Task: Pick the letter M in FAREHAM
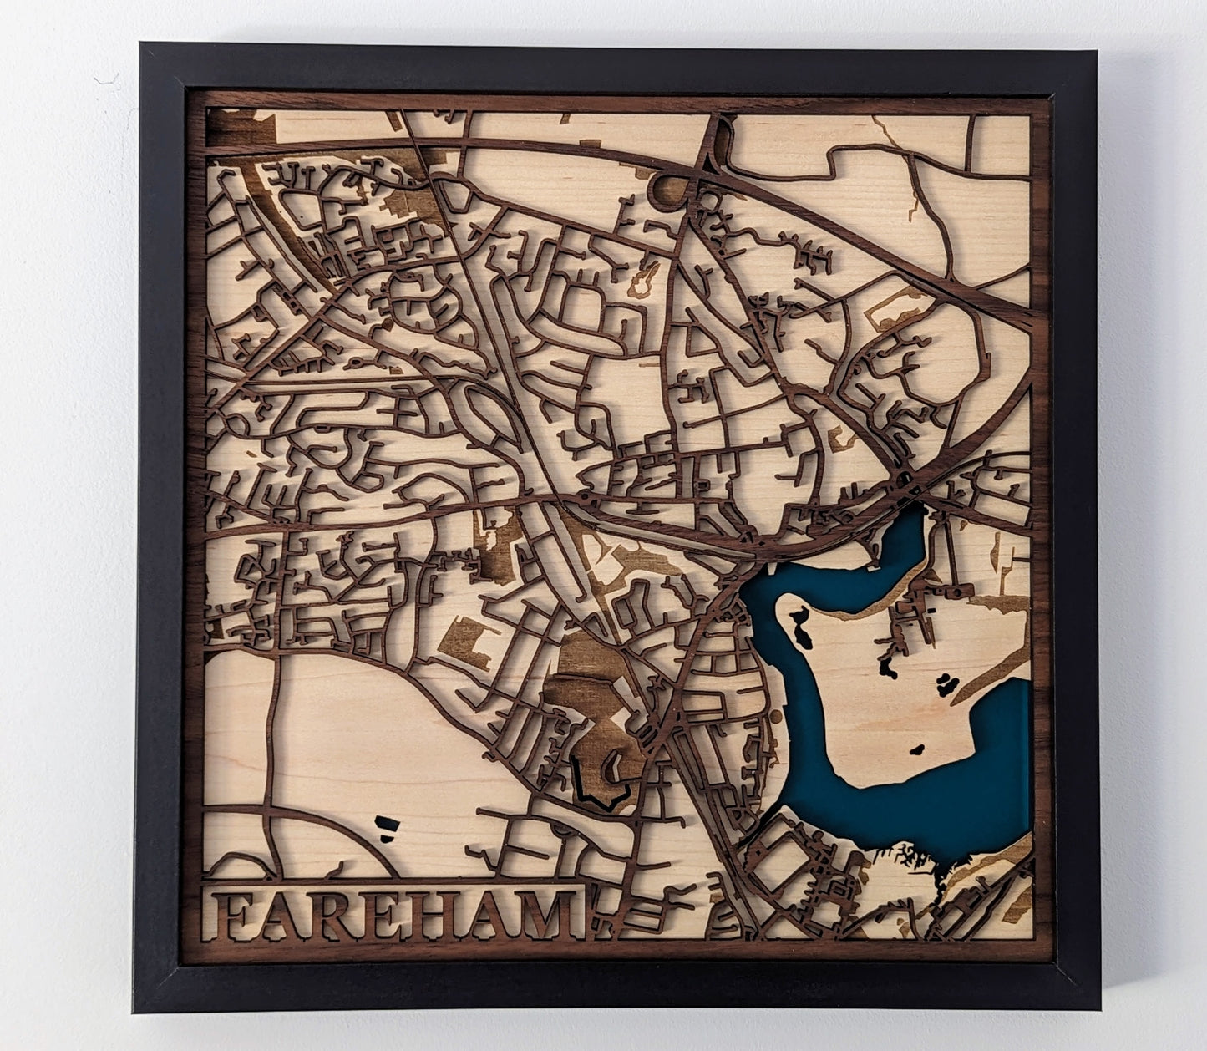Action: tap(544, 916)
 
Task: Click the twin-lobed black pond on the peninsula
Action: tap(946, 685)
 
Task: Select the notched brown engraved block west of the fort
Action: tap(465, 642)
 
